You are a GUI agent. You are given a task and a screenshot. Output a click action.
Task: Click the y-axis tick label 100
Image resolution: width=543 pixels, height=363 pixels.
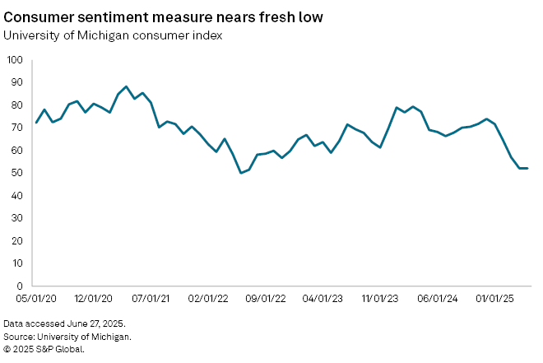point(16,60)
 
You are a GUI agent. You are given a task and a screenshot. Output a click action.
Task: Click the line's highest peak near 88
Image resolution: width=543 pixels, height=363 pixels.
point(126,86)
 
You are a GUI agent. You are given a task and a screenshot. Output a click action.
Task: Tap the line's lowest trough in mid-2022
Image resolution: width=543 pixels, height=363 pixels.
point(240,173)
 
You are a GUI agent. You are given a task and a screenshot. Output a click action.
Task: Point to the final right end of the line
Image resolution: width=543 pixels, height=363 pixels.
point(527,168)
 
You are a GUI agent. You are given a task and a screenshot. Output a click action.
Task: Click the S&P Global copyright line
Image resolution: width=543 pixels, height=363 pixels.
point(43,348)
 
